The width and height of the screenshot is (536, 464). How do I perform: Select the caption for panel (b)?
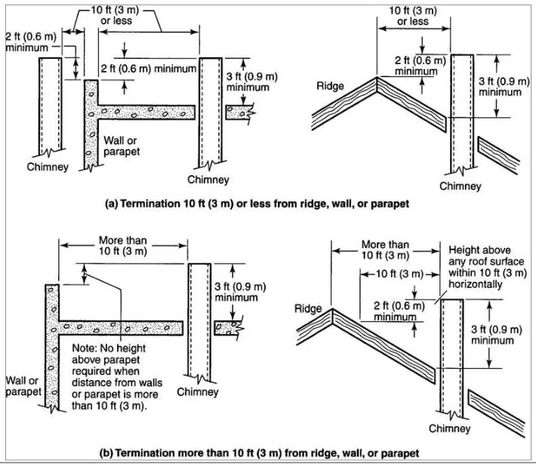pyautogui.click(x=259, y=453)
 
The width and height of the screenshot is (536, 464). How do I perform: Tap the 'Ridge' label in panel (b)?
pyautogui.click(x=309, y=308)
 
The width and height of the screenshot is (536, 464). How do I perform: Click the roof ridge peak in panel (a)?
pyautogui.click(x=378, y=77)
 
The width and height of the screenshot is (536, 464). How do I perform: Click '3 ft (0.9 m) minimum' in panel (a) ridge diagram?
pyautogui.click(x=500, y=85)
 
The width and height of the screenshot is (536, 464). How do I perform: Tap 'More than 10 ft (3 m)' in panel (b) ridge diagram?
pyautogui.click(x=386, y=250)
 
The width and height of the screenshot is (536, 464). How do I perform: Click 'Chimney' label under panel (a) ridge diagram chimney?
pyautogui.click(x=460, y=186)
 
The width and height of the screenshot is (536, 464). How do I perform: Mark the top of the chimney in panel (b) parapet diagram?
pyautogui.click(x=199, y=264)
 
